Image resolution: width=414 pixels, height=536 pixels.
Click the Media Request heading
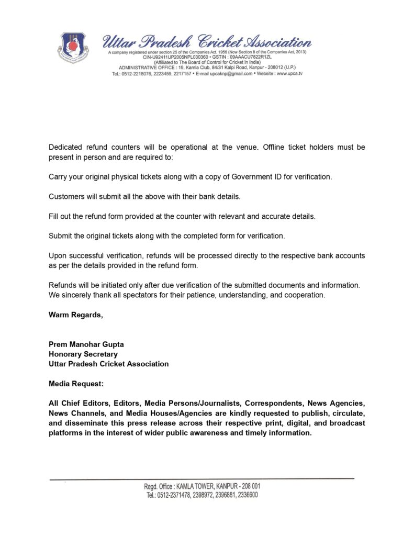coord(76,384)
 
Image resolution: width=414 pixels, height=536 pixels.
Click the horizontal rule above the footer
coord(202,478)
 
